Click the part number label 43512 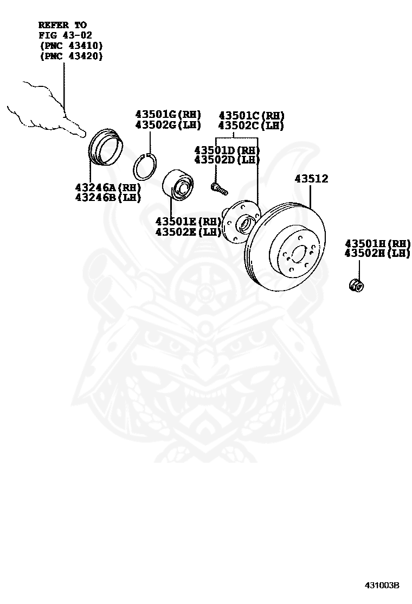coord(311,179)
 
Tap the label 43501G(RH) coord(168,115)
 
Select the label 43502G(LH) coord(168,125)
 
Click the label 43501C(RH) coord(252,116)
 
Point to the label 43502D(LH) coord(227,160)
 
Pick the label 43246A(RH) coord(108,187)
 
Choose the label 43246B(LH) coord(108,198)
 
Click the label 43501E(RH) coord(188,222)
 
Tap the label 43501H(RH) coord(377,243)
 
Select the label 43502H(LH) coord(377,253)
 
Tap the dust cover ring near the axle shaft coord(105,148)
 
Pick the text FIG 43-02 coord(66,35)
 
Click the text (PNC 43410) coord(72,46)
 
